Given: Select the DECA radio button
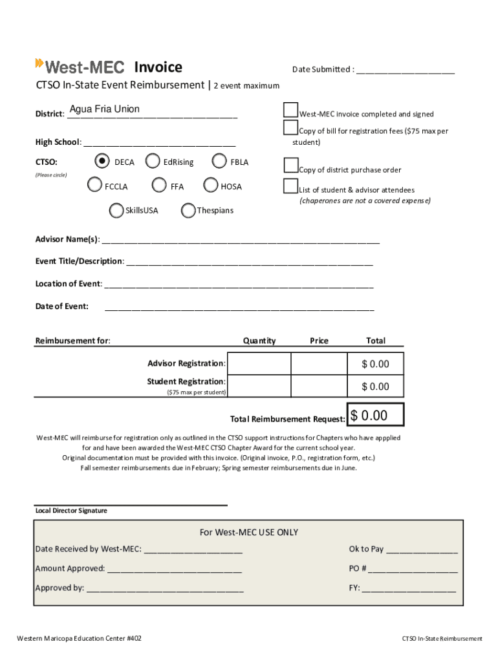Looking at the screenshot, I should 102,161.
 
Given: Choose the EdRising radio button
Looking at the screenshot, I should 153,161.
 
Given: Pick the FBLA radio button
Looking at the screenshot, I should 219,161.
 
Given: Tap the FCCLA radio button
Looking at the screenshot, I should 94,186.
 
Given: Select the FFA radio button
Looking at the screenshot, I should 159,186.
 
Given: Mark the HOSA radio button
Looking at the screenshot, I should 211,186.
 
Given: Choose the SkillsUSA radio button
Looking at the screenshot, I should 116,210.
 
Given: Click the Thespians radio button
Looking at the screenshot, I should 188,210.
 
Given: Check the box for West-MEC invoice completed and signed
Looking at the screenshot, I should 291,111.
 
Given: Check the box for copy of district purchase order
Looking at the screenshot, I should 291,166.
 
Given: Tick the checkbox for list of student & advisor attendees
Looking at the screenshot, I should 291,186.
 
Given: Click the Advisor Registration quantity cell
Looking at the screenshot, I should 259,364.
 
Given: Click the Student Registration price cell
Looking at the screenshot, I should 319,386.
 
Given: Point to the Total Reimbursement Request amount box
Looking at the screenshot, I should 376,415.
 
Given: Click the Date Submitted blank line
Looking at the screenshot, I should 405,70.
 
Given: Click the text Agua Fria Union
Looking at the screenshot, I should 105,109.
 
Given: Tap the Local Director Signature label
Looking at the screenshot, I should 71,511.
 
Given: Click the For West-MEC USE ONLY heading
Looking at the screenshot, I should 249,532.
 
